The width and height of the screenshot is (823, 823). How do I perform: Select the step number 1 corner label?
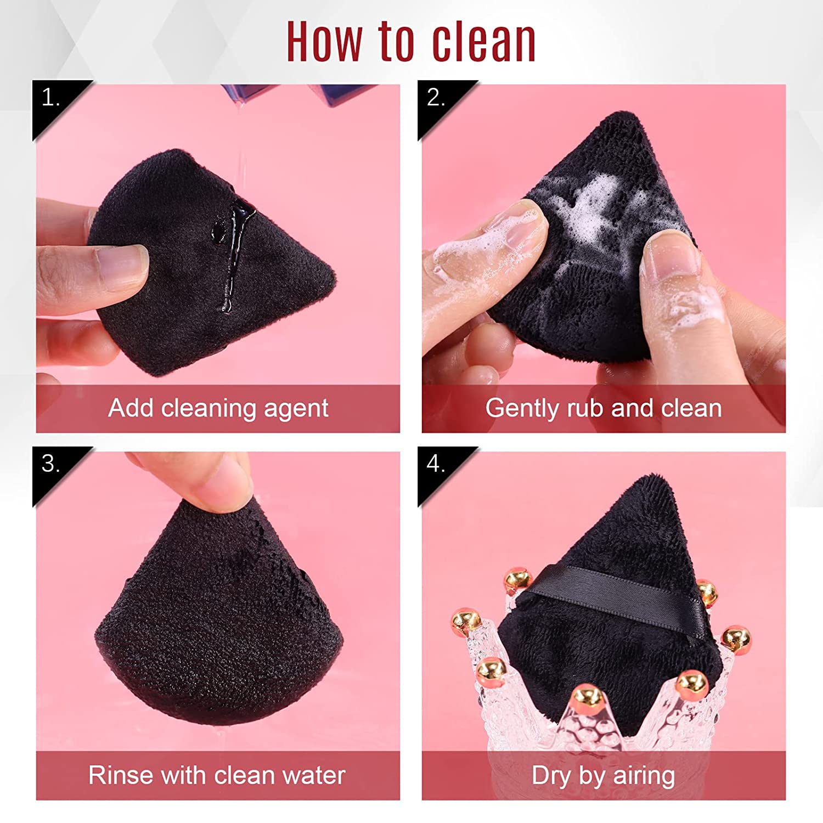(50, 98)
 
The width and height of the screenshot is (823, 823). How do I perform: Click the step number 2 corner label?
(436, 98)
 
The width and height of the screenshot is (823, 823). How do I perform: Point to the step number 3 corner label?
(50, 464)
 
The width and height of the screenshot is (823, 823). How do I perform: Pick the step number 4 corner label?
(436, 464)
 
